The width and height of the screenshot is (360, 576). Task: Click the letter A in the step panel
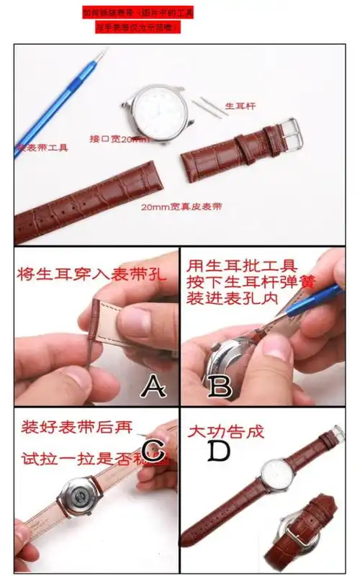click(153, 387)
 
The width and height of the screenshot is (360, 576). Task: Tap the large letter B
click(220, 387)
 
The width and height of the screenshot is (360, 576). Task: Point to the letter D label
click(218, 451)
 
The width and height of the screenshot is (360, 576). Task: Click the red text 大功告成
click(225, 432)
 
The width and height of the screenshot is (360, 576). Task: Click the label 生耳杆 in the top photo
click(240, 106)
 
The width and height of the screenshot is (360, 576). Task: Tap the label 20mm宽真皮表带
click(181, 207)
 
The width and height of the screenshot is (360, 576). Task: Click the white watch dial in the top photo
click(161, 109)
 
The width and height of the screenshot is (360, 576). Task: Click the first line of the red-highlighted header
click(138, 12)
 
